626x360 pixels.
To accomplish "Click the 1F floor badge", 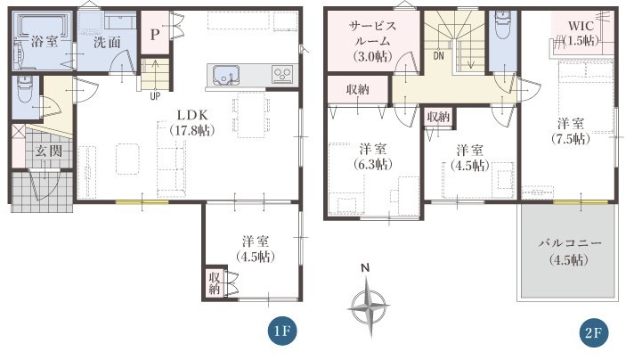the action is pos(283,332).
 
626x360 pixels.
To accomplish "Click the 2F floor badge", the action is pos(594,332).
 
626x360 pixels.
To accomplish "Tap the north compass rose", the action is pos(368,307).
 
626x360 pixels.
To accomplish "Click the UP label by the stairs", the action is pos(155,96).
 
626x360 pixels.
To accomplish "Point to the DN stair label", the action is pos(438,56).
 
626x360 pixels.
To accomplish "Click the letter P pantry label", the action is pos(155,35).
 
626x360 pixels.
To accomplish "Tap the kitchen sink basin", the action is pos(226,75).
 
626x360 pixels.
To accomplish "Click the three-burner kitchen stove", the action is pos(282,74).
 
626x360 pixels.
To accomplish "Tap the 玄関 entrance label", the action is pos(49,151).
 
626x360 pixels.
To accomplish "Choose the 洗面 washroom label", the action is pos(107,42).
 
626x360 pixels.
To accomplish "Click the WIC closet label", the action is pos(581,27).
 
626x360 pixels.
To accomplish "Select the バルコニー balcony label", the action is pos(569,243).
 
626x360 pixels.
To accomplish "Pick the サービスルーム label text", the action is pos(372,34).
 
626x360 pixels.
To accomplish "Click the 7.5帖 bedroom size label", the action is pos(571,139).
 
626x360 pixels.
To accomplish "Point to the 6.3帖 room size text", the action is pos(372,164).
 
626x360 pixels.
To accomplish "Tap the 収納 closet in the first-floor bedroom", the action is pos(215,282).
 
